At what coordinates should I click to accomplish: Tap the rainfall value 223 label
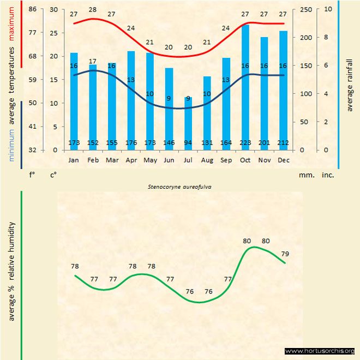(x=245, y=143)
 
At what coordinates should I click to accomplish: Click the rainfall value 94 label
(x=188, y=143)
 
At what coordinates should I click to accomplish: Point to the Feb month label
(x=93, y=160)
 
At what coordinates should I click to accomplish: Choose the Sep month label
(x=226, y=160)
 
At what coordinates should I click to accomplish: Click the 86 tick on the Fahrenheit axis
(x=32, y=9)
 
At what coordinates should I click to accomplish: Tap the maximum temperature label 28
(x=93, y=10)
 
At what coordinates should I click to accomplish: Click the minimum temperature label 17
(x=93, y=61)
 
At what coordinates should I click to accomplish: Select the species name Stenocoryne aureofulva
(x=179, y=186)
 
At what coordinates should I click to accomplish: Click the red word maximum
(x=12, y=24)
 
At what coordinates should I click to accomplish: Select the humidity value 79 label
(x=285, y=254)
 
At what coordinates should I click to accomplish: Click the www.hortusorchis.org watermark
(x=320, y=351)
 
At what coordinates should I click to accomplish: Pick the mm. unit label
(x=305, y=176)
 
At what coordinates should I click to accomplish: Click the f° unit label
(x=32, y=176)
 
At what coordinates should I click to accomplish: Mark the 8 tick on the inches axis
(x=326, y=37)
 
